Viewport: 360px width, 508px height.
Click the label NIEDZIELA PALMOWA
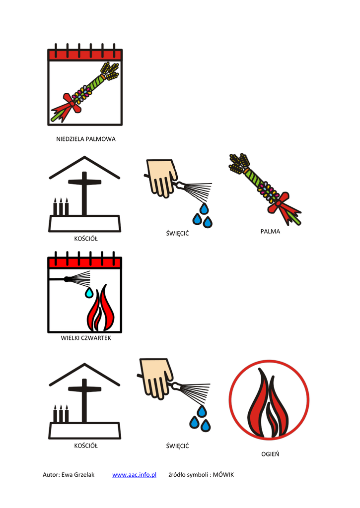[85, 139]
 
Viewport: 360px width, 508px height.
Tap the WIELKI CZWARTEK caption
[86, 338]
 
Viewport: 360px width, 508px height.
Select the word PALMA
[270, 231]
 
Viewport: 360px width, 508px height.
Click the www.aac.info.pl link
[134, 475]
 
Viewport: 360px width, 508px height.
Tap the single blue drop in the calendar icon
[89, 293]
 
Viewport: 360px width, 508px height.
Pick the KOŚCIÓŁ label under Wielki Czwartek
[86, 445]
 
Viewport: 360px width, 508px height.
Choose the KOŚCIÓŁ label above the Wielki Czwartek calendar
[86, 239]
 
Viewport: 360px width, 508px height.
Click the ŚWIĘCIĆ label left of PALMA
[177, 233]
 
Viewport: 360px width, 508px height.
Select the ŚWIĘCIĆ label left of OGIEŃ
[177, 446]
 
